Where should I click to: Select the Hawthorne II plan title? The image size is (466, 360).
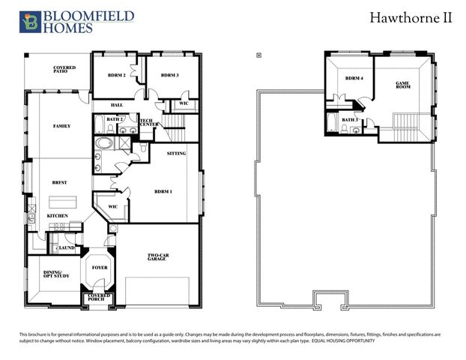pos(411,17)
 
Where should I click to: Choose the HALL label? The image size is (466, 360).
pos(117,105)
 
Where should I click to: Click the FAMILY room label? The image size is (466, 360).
pos(61,126)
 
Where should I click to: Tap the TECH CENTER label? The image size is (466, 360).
pos(147,122)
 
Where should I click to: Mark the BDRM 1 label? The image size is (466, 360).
pos(163,191)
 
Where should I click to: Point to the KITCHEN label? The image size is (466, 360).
pos(58,216)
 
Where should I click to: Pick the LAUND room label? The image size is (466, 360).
pos(66,247)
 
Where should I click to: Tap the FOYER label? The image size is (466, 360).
pos(100,267)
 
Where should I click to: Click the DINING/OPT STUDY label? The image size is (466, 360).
pos(53,274)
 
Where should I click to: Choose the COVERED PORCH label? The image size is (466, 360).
pos(99,298)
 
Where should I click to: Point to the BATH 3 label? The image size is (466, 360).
pos(350,120)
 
